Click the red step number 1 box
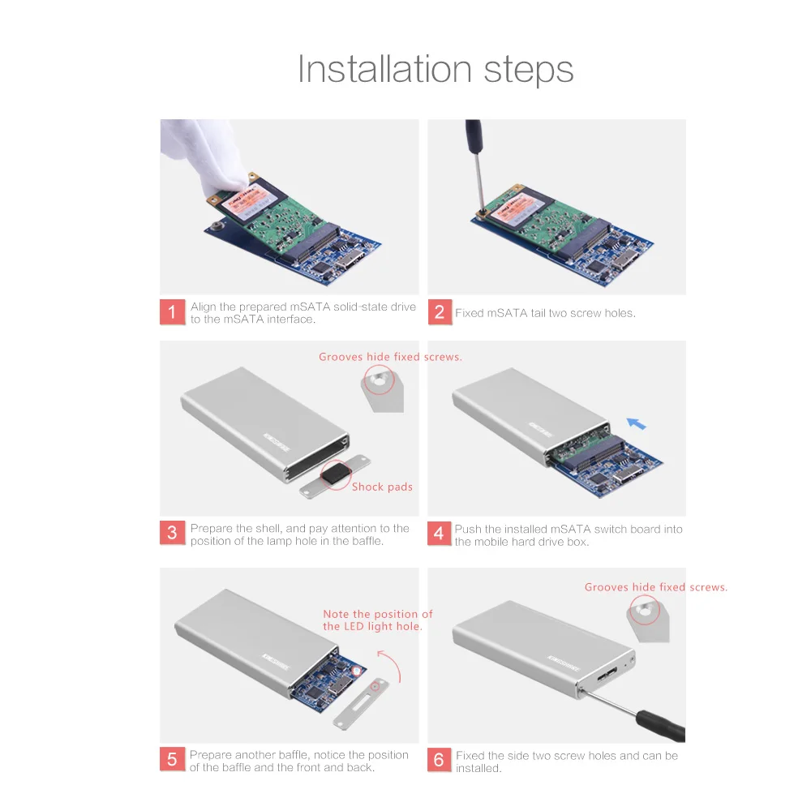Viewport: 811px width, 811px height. point(172,312)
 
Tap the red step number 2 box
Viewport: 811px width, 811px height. point(440,312)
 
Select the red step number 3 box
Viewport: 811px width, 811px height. point(172,533)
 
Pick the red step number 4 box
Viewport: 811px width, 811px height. point(439,534)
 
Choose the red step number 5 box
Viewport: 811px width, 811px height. point(172,759)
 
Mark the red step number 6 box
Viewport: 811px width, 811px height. point(439,759)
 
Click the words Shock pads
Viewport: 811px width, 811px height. point(382,487)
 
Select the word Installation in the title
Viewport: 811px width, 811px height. point(384,69)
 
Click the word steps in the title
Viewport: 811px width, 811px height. point(529,71)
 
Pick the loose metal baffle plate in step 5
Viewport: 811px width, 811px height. point(361,705)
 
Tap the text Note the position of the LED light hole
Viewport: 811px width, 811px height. point(378,620)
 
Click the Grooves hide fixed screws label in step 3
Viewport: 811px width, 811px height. point(391,357)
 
